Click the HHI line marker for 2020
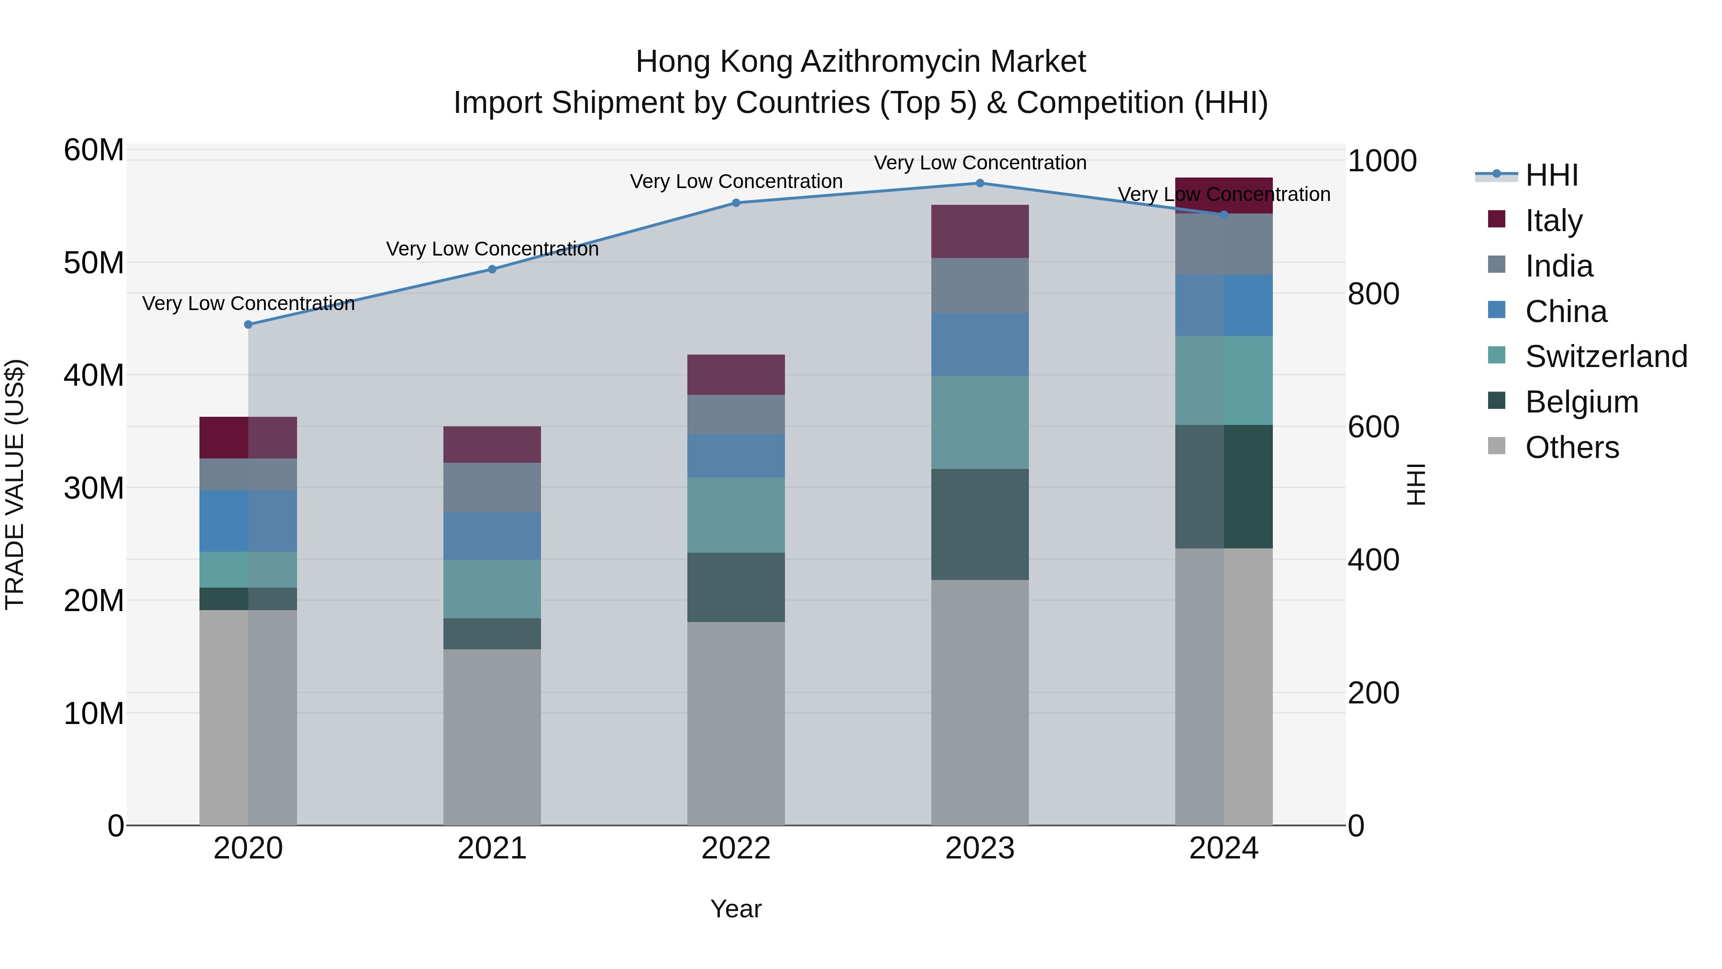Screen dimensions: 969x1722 pyautogui.click(x=248, y=324)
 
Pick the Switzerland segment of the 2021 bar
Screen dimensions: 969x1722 pyautogui.click(x=492, y=589)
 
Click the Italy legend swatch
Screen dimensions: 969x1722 pyautogui.click(x=1496, y=219)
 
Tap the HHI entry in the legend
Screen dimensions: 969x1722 pyautogui.click(x=1551, y=175)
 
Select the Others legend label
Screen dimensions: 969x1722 pyautogui.click(x=1572, y=447)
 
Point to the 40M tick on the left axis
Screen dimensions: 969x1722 pyautogui.click(x=94, y=375)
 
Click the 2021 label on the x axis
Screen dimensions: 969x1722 pyautogui.click(x=492, y=848)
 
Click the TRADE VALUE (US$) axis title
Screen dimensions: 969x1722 pyautogui.click(x=15, y=484)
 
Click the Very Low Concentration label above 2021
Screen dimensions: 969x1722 pyautogui.click(x=492, y=249)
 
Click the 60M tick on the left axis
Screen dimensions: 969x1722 pyautogui.click(x=94, y=150)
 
